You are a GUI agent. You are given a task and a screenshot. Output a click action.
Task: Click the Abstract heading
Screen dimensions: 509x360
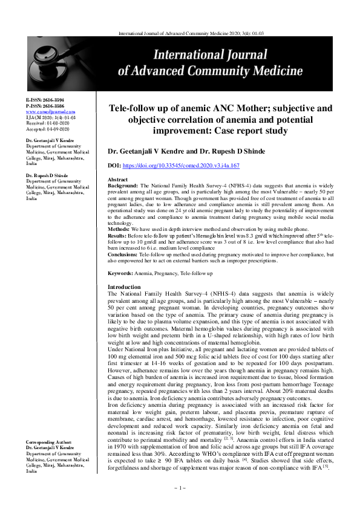(117, 180)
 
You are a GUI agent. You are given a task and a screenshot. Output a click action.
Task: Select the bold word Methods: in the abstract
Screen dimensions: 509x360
(118, 230)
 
